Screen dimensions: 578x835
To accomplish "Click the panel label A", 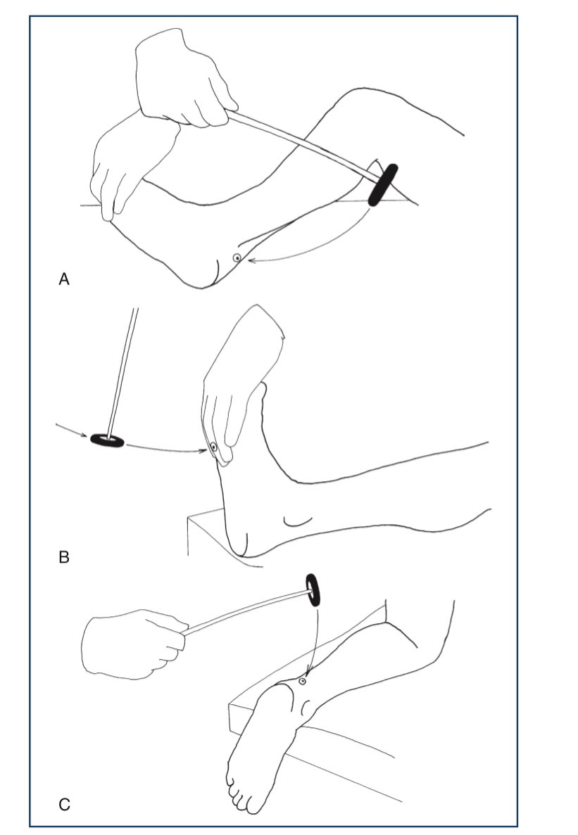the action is click(x=64, y=279).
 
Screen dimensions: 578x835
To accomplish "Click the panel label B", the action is click(x=64, y=557).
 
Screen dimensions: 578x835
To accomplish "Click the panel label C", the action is click(x=64, y=803).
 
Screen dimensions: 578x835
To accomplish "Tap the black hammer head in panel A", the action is click(x=383, y=185).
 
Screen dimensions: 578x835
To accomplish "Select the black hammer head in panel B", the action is click(x=107, y=440).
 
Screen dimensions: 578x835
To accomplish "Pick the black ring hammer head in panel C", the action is click(x=313, y=589).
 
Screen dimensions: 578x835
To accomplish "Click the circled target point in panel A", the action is click(x=237, y=257).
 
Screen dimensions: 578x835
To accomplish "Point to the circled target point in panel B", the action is click(x=213, y=447).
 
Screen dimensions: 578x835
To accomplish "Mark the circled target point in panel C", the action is click(x=303, y=681).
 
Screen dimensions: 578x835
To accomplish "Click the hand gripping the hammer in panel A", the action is click(x=181, y=80).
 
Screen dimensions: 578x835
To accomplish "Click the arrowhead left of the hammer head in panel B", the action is click(x=84, y=435).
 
